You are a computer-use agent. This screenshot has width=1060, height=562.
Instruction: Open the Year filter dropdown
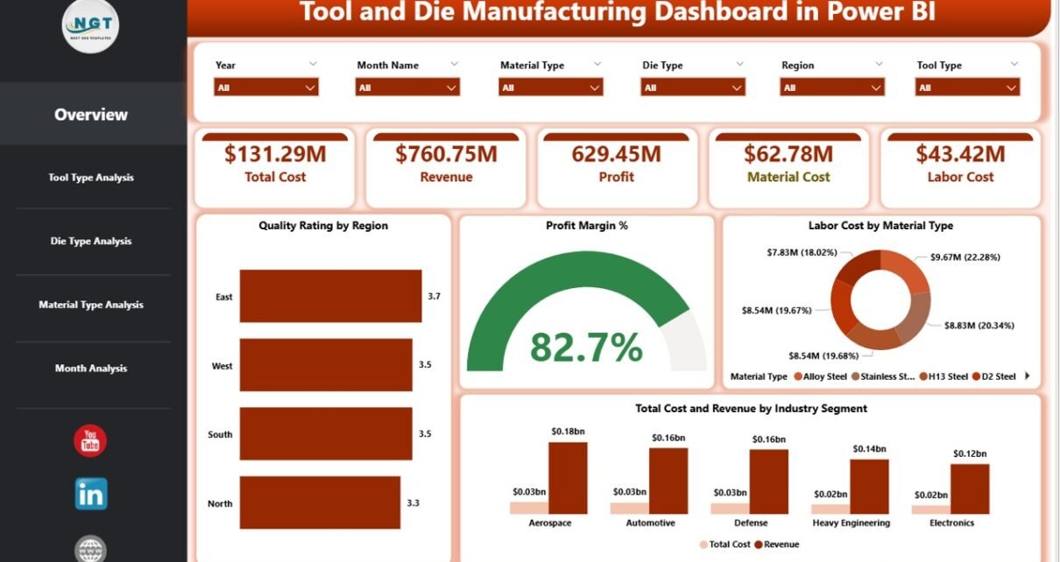click(x=265, y=88)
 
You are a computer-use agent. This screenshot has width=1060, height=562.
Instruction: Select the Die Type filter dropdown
click(x=693, y=88)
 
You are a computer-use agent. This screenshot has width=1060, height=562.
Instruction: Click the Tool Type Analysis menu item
click(x=91, y=178)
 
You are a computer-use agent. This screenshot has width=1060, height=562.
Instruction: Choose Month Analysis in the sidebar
click(x=91, y=369)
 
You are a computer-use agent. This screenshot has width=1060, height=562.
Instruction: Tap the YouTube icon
click(x=90, y=441)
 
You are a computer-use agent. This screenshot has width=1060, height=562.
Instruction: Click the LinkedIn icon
click(x=91, y=494)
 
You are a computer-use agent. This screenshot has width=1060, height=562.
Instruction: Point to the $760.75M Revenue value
click(x=446, y=155)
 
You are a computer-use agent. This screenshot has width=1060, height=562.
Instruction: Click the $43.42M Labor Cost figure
click(x=960, y=155)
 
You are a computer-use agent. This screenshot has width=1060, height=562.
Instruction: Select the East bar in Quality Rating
click(x=330, y=296)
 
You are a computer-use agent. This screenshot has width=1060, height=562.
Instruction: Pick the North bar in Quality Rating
click(x=320, y=502)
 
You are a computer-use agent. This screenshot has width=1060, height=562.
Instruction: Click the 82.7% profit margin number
click(x=586, y=348)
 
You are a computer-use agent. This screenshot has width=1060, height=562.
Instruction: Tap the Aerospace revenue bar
click(x=568, y=478)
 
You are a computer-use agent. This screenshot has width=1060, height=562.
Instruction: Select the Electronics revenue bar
click(x=970, y=488)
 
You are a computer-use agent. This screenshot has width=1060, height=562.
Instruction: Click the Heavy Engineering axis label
click(x=851, y=523)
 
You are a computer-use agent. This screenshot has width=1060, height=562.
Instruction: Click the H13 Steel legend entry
click(x=946, y=376)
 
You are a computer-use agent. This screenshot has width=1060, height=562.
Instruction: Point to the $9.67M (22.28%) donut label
click(x=964, y=257)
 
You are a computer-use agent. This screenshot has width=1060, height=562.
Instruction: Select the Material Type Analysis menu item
click(x=91, y=305)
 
